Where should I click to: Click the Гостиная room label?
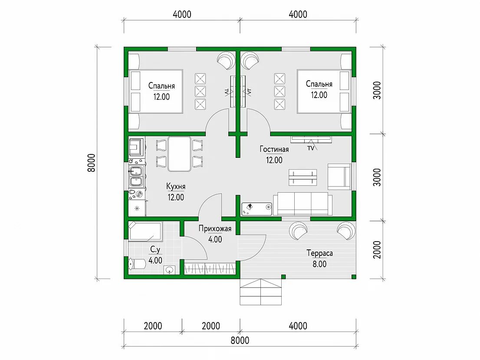point(274,149)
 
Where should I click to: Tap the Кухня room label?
point(176,186)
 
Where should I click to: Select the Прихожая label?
point(215,229)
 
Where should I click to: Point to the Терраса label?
point(319,253)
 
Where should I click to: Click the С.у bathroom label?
point(155,250)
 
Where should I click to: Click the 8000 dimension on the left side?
point(92,163)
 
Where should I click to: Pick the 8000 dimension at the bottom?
point(240,340)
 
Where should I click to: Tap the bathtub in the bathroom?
point(145,231)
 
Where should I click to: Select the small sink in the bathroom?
point(169,270)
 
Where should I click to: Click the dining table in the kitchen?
point(179,154)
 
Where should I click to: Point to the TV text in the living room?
point(311,148)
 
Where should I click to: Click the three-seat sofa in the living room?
point(302,204)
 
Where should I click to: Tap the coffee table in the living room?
point(303,177)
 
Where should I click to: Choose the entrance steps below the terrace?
point(260,292)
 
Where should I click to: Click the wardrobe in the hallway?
point(210,268)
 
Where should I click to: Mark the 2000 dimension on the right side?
point(377,249)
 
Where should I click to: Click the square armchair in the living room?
point(339,177)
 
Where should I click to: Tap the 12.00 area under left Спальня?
point(161,97)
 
